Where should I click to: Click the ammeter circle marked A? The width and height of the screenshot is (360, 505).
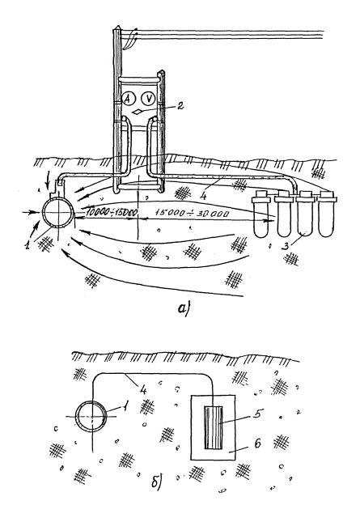click(x=128, y=100)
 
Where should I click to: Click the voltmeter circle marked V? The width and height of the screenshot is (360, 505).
click(x=148, y=98)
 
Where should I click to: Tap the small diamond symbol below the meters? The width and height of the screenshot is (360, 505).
click(x=138, y=112)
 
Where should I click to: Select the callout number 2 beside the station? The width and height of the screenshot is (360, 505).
click(x=180, y=106)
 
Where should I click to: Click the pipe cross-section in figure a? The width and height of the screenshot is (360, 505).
click(x=58, y=214)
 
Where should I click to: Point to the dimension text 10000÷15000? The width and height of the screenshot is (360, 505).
click(x=108, y=213)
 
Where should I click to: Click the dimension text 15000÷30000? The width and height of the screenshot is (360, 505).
click(x=193, y=213)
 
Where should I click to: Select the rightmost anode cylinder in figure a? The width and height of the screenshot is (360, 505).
click(x=326, y=214)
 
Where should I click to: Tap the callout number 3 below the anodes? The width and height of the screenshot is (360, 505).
click(x=286, y=246)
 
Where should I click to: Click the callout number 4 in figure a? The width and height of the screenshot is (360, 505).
click(x=202, y=196)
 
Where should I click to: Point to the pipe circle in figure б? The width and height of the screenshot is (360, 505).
click(x=91, y=416)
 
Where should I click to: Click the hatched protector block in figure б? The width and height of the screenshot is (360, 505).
click(x=214, y=427)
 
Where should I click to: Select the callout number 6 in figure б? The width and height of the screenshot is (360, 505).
click(x=257, y=443)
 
